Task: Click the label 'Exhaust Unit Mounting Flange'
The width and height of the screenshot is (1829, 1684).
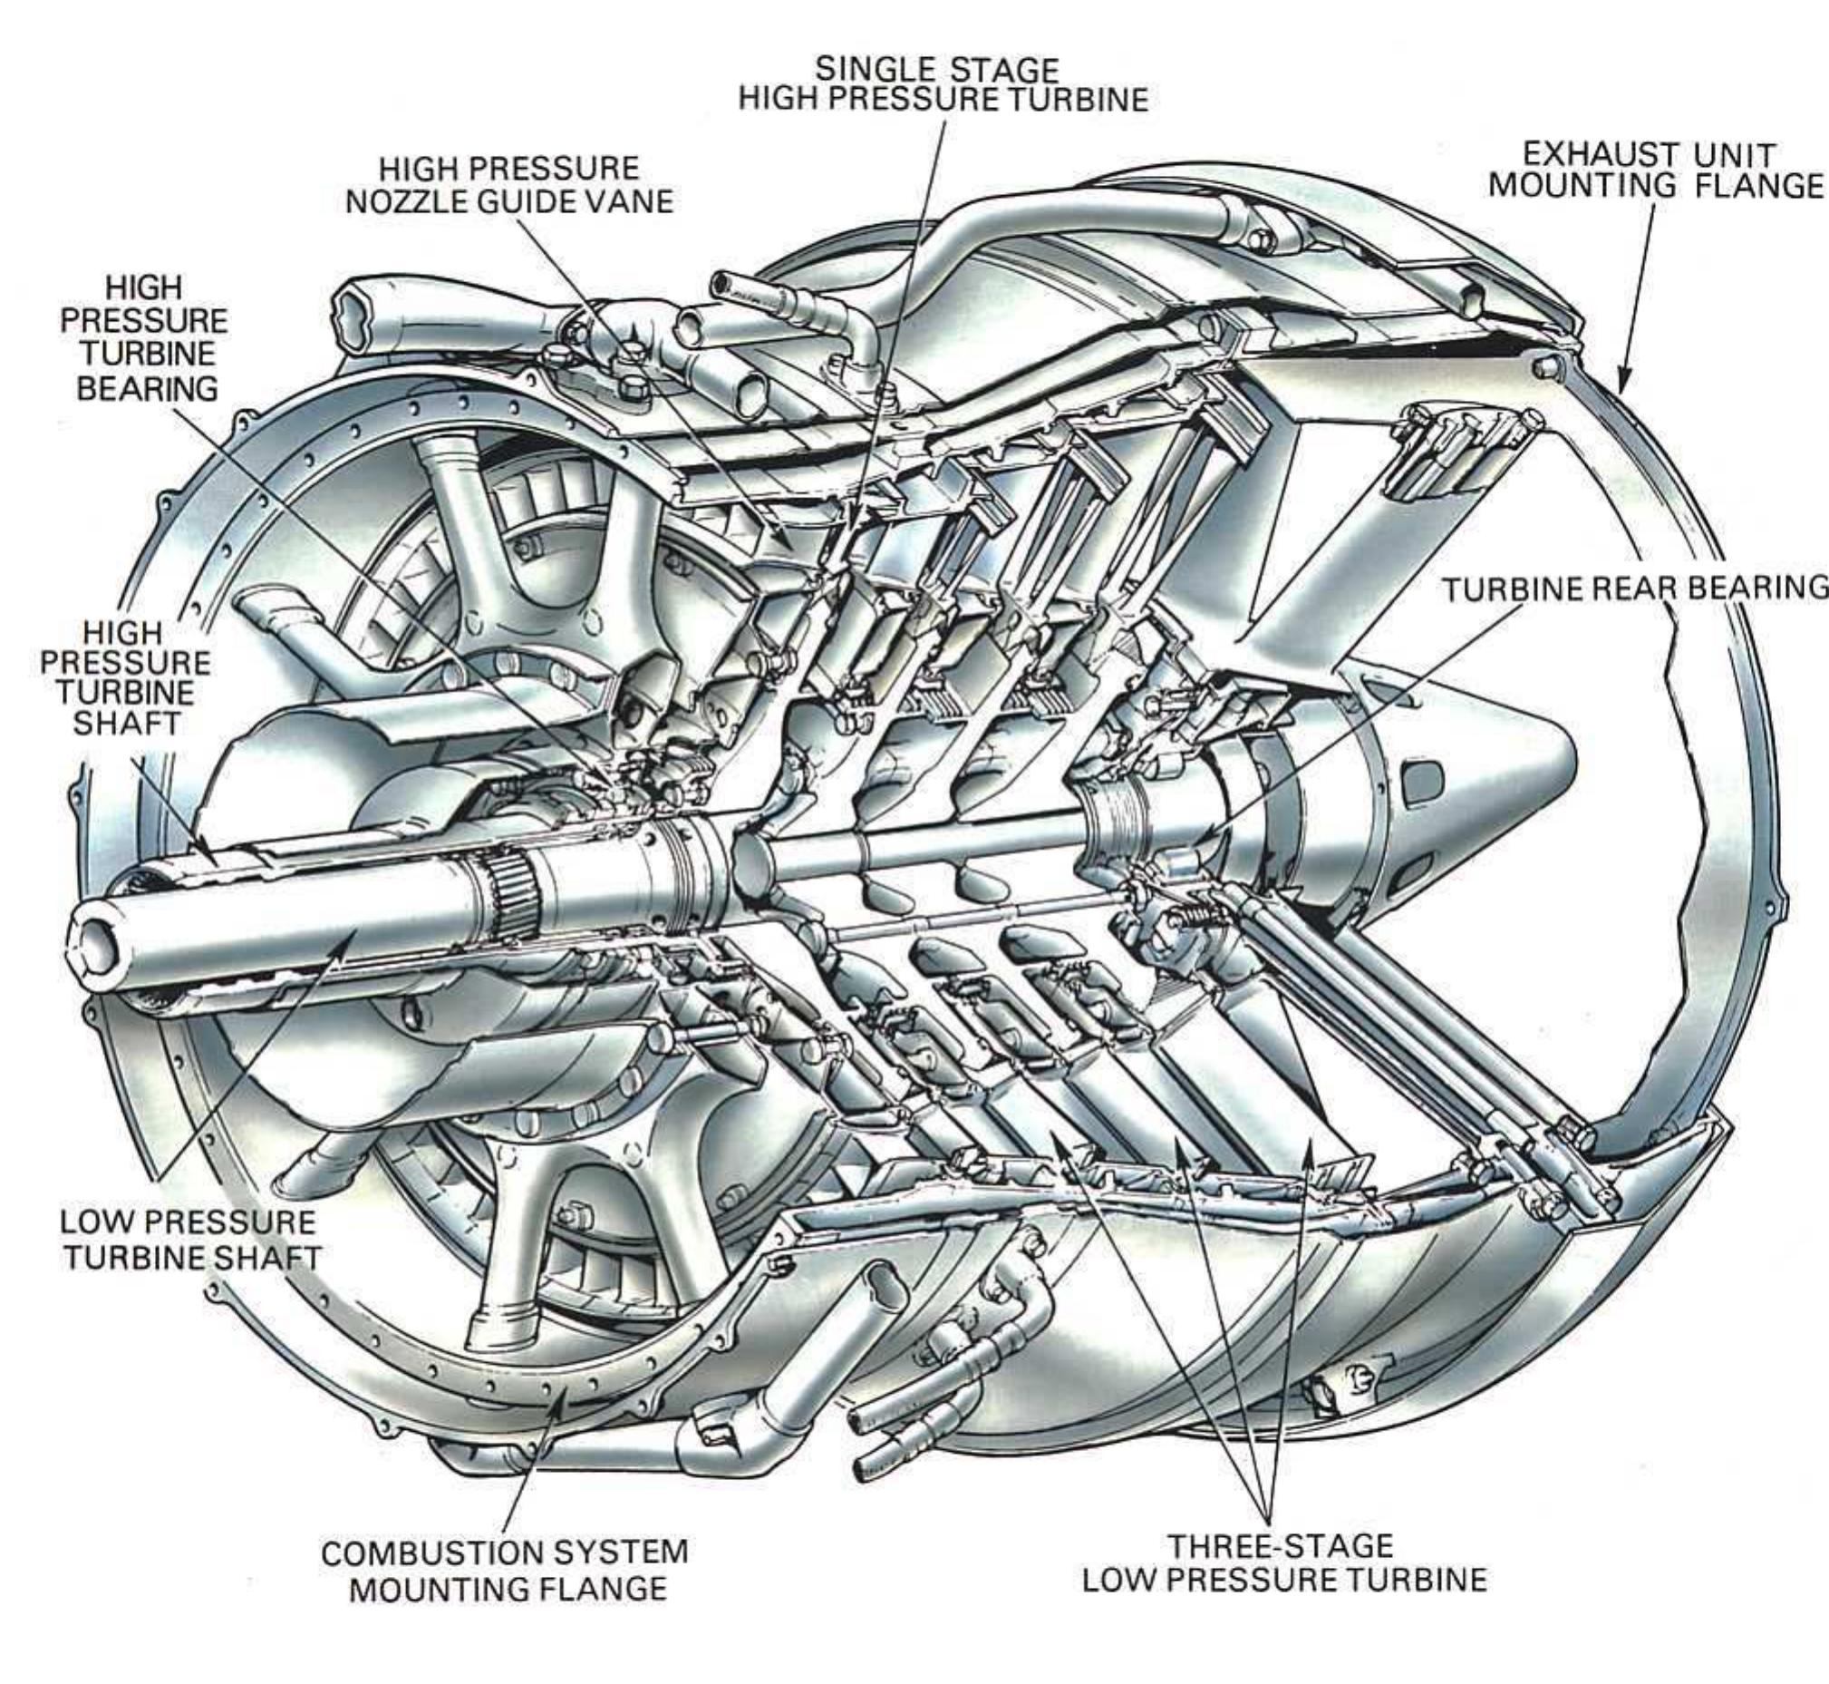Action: click(x=1656, y=169)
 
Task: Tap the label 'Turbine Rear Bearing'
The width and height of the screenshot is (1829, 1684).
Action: click(x=1635, y=589)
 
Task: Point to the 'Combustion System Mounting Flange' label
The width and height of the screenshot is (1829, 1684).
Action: click(x=506, y=1569)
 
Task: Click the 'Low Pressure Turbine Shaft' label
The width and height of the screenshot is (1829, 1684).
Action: click(x=191, y=1240)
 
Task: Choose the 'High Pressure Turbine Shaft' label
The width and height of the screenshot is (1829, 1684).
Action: click(x=126, y=677)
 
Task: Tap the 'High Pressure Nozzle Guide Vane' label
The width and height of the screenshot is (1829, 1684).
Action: click(x=509, y=185)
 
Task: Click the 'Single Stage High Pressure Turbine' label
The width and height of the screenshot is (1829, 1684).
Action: click(x=943, y=83)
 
